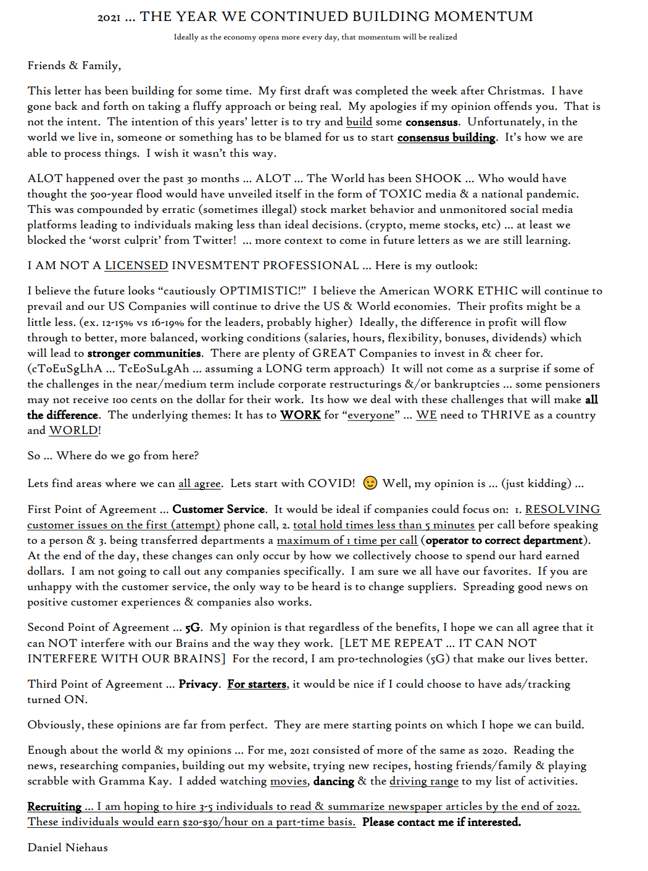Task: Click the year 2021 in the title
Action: pos(109,17)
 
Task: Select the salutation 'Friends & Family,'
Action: pos(74,65)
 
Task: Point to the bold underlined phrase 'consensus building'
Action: pos(446,138)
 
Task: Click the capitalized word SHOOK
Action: pos(438,178)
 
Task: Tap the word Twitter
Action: pos(214,240)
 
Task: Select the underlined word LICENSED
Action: pos(136,265)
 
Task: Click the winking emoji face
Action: pos(370,483)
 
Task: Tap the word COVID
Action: pos(331,483)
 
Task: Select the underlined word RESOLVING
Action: pos(562,509)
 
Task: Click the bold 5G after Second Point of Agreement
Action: pos(193,628)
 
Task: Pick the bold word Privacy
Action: pos(198,684)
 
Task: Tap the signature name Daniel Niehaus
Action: pos(68,848)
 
